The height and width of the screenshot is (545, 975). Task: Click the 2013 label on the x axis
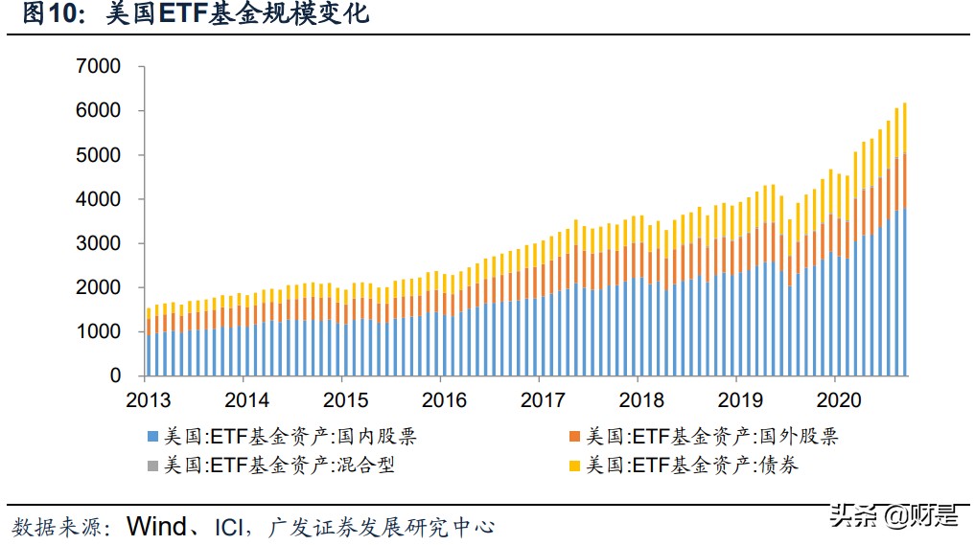click(x=147, y=399)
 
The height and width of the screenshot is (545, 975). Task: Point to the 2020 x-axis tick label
click(x=838, y=399)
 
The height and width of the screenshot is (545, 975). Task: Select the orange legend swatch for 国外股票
click(x=575, y=438)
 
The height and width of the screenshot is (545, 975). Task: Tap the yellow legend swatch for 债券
click(x=575, y=466)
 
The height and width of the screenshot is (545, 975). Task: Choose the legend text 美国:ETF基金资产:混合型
click(x=279, y=466)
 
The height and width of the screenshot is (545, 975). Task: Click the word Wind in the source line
click(x=162, y=526)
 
